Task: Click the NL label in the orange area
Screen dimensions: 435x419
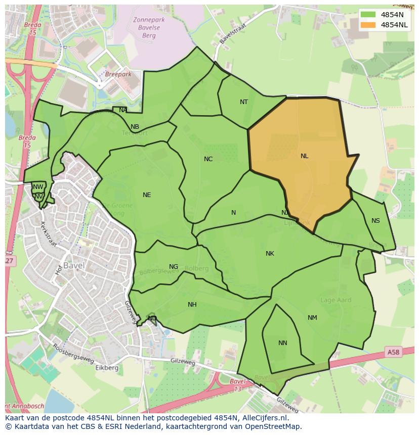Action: (x=304, y=156)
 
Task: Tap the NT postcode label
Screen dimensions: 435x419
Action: (x=244, y=102)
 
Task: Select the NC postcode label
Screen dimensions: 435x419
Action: (x=208, y=159)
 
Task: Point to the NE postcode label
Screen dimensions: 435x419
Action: (x=147, y=195)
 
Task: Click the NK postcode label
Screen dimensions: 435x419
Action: (x=270, y=254)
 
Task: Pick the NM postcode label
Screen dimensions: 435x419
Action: (x=312, y=318)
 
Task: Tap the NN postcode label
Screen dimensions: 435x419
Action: (x=283, y=343)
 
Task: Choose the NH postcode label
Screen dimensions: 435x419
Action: (x=192, y=305)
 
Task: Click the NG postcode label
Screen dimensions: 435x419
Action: (x=174, y=267)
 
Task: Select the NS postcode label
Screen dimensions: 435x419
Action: (x=375, y=221)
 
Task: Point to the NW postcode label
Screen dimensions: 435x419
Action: (x=38, y=187)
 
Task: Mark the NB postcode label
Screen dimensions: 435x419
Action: (x=135, y=127)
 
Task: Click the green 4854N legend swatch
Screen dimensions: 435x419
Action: (x=368, y=15)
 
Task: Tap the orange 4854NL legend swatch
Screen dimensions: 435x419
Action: (x=368, y=25)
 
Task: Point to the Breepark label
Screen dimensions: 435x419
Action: (x=118, y=74)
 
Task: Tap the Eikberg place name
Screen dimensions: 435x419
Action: (x=107, y=368)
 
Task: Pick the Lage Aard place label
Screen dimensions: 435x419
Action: (x=336, y=300)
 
